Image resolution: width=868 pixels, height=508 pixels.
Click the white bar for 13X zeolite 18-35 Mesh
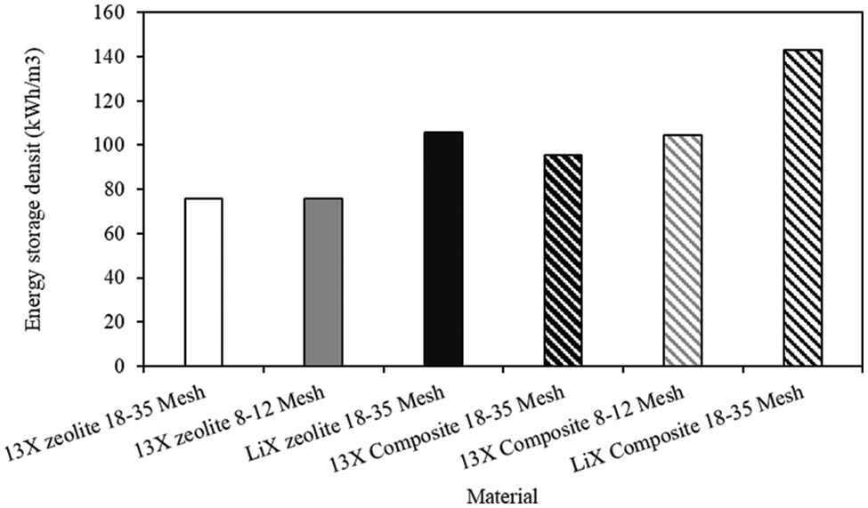click(x=204, y=282)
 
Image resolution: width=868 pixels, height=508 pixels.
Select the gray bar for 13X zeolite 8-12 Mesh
click(x=323, y=282)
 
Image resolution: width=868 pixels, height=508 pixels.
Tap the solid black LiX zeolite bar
click(x=443, y=249)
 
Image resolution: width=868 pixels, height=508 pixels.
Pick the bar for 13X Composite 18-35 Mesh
click(x=563, y=261)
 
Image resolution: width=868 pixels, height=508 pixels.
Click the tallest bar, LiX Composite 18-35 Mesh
click(x=802, y=208)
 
